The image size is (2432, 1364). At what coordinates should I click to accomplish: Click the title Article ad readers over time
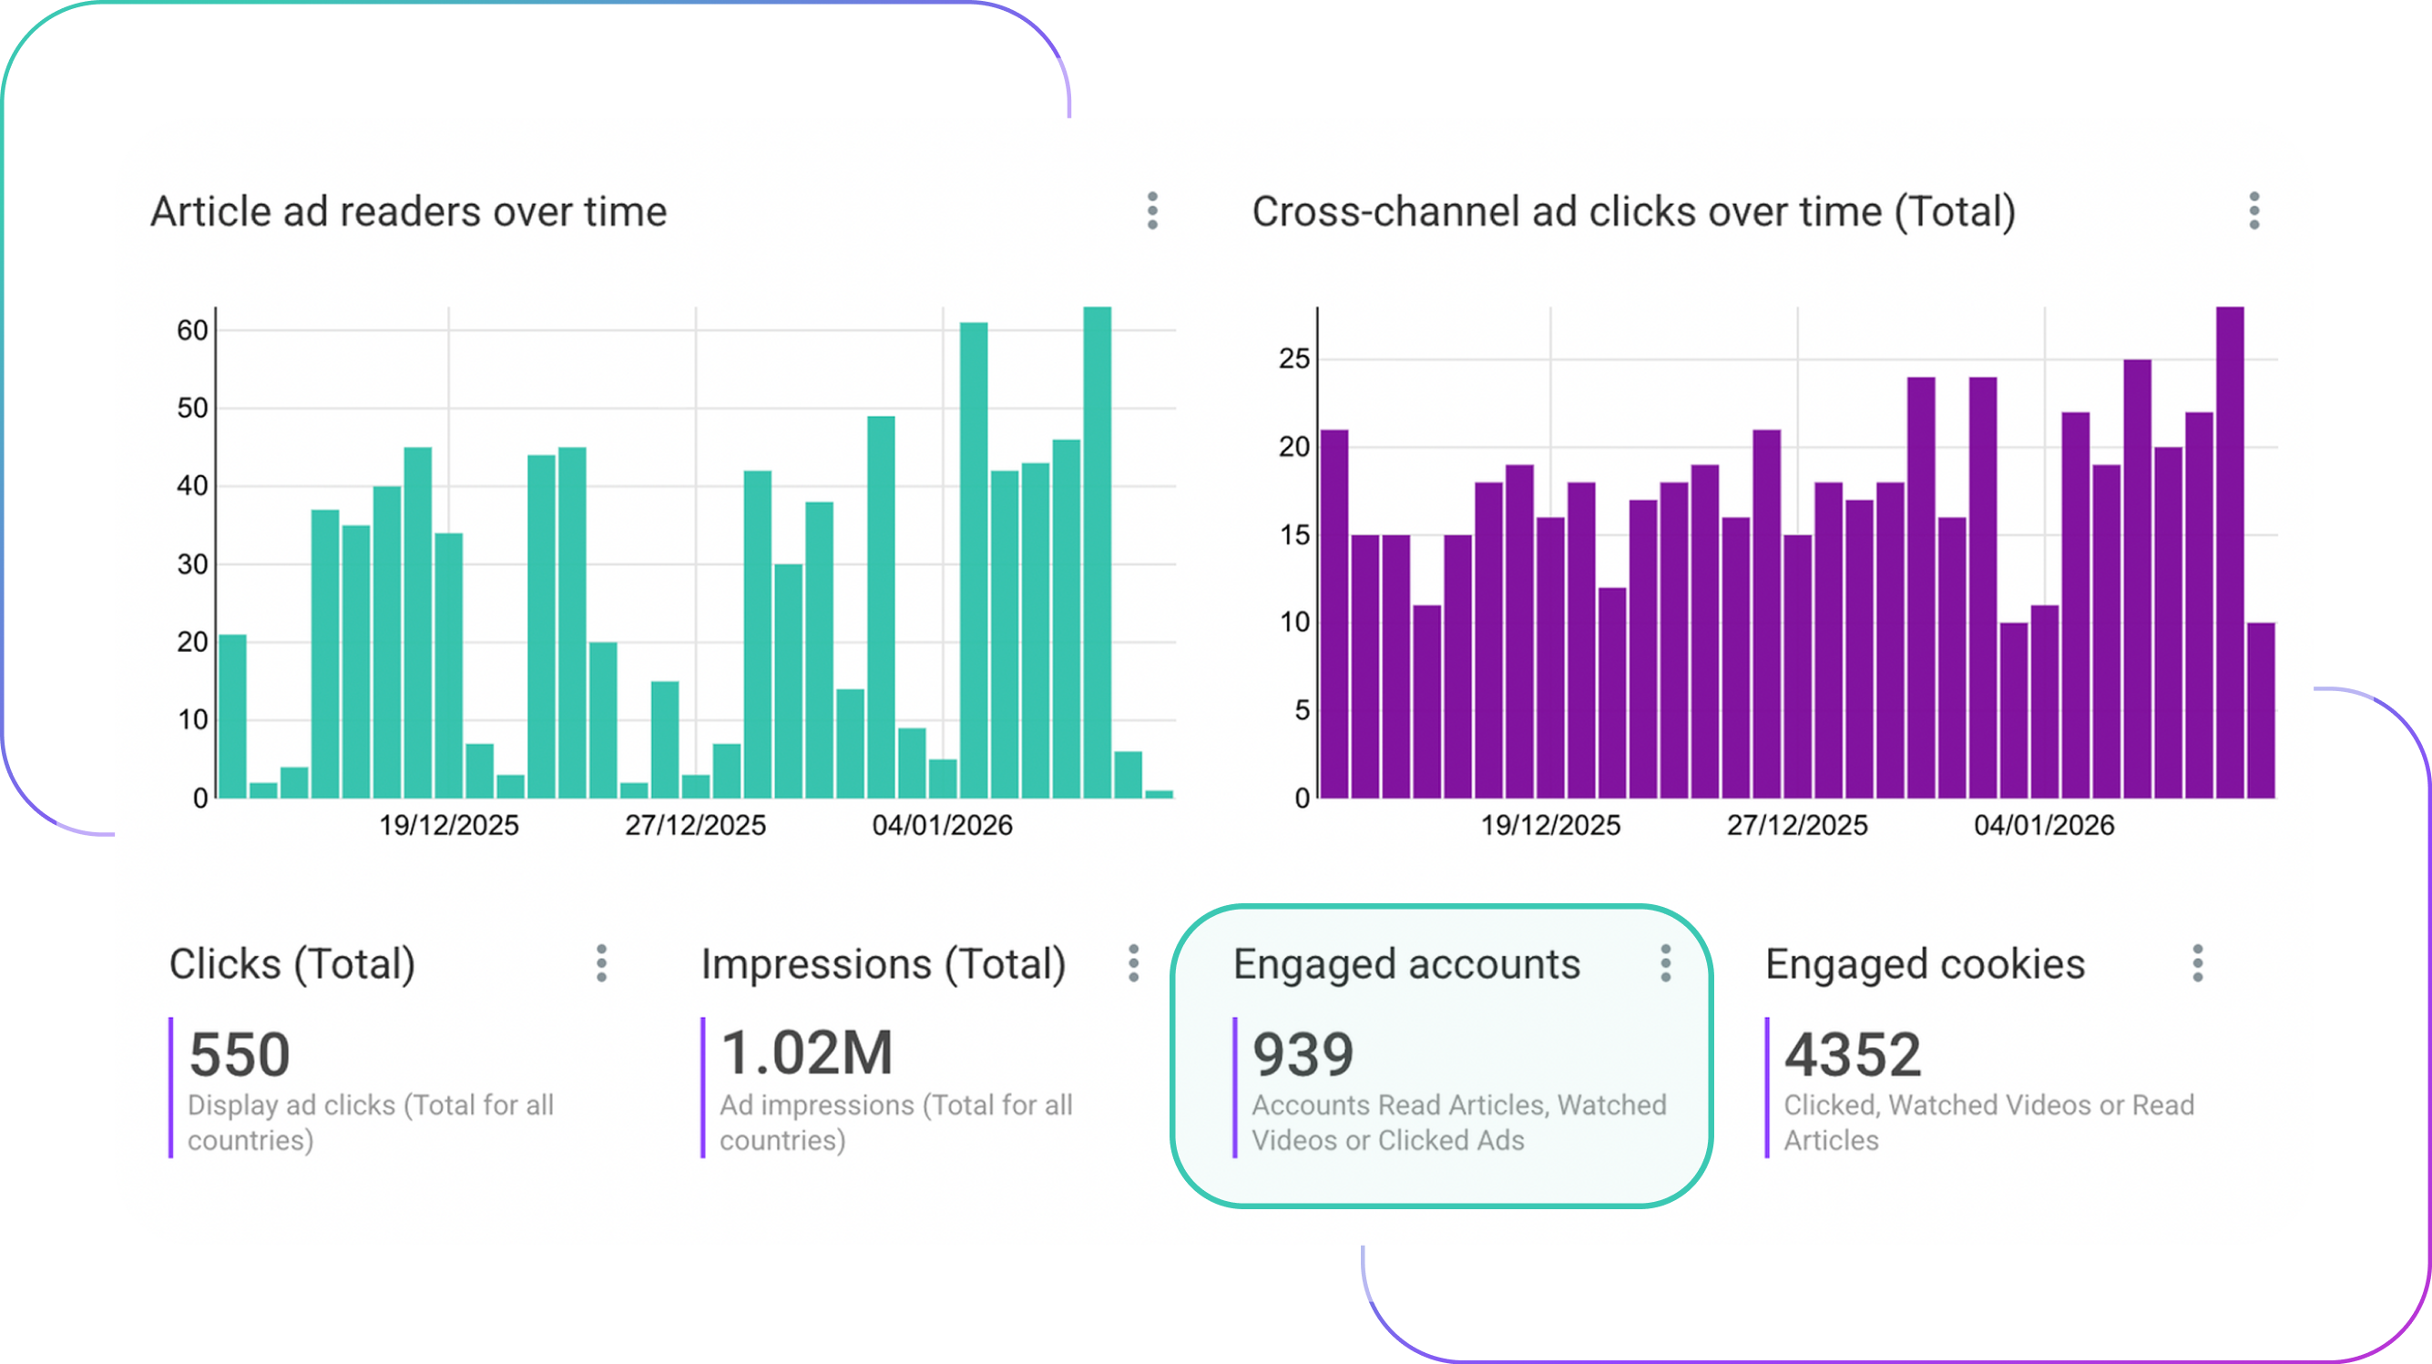408,211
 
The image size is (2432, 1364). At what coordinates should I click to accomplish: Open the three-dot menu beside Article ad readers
1152,210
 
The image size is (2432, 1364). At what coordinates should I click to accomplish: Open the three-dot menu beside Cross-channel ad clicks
2253,210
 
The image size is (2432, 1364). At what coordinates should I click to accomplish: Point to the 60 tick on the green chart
191,331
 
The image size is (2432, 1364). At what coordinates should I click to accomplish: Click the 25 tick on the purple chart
1293,359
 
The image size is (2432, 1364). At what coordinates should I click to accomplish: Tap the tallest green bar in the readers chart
1097,552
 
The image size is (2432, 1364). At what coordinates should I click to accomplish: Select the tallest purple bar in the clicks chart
2229,552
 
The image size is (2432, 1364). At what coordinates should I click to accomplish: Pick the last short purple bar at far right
2260,710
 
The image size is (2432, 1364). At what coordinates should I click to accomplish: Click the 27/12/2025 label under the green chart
695,825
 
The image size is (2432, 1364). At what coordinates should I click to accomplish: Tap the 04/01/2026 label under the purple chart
2043,825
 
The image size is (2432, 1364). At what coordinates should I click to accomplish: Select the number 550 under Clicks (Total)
240,1054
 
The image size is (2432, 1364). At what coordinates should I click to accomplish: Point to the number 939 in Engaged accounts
1302,1054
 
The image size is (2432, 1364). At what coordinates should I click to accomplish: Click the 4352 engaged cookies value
1852,1054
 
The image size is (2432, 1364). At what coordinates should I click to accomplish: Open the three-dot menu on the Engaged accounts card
1665,962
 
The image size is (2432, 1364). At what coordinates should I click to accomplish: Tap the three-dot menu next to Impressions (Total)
1133,962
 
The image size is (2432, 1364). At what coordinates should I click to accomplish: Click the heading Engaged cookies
1924,963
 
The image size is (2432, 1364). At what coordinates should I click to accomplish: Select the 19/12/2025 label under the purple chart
1549,825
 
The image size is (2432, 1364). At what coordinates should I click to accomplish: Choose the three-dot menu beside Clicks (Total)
601,962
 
